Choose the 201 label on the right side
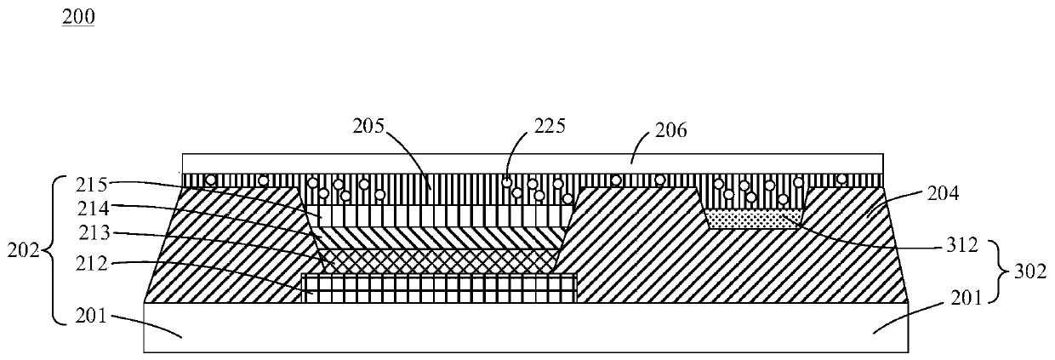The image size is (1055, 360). coord(964,297)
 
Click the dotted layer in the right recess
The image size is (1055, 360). coord(754,220)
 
